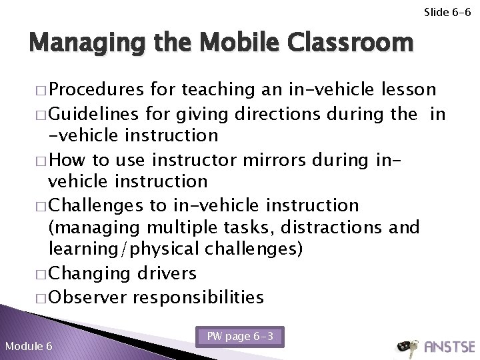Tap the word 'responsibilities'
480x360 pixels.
[x=198, y=296]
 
